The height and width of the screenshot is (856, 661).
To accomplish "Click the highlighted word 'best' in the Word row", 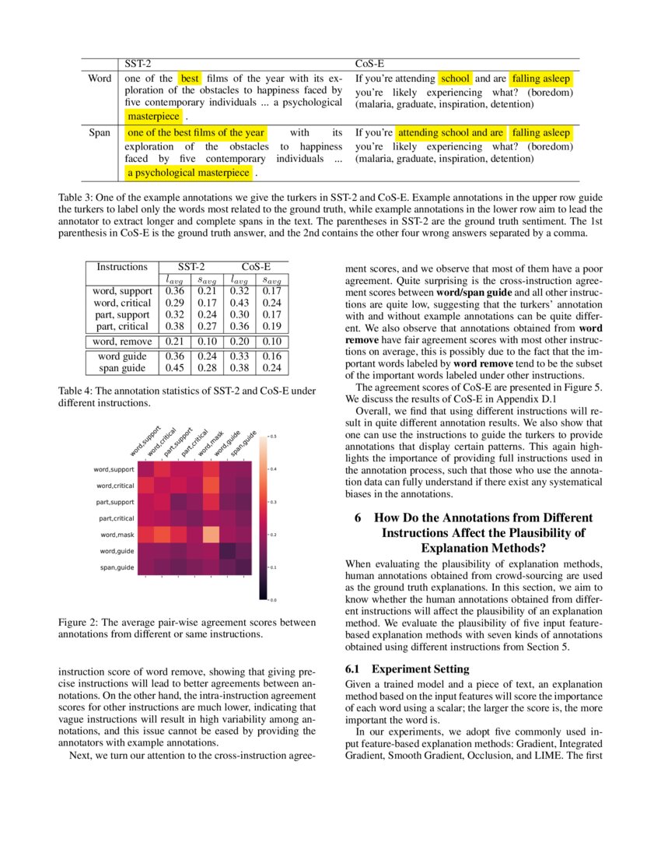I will tap(190, 79).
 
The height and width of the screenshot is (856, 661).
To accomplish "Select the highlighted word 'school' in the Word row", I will tap(455, 79).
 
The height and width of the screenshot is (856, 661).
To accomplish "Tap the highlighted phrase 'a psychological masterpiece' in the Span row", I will tap(189, 173).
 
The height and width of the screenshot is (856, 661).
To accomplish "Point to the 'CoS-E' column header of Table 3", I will tap(369, 61).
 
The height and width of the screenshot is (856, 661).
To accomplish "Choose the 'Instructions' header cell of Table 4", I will tap(121, 267).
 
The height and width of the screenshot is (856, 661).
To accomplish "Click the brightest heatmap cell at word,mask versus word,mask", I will tap(211, 535).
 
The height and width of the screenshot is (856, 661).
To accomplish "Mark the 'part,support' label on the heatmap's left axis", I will tap(114, 502).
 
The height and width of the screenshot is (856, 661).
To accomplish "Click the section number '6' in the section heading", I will tap(358, 518).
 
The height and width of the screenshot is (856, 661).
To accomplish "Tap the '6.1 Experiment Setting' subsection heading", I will tap(407, 668).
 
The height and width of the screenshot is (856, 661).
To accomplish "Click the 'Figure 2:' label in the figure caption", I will tap(80, 623).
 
